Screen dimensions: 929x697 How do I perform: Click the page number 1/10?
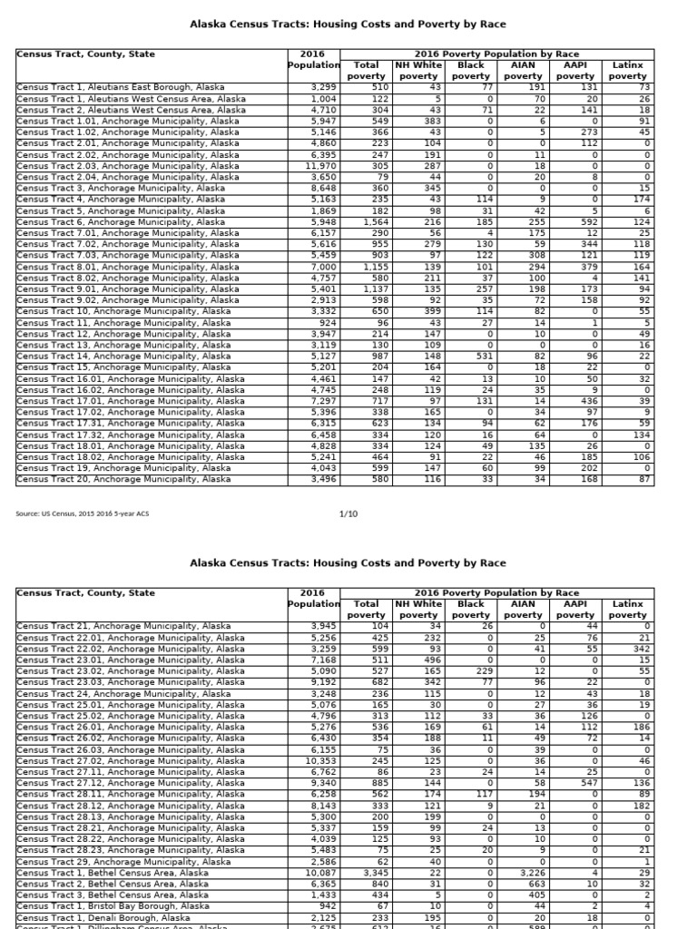tap(348, 513)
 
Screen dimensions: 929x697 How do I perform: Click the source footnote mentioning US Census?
tap(83, 514)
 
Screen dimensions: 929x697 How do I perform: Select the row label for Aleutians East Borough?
tap(121, 87)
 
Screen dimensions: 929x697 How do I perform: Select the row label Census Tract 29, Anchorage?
tap(123, 862)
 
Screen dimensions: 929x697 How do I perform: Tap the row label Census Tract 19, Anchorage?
tap(123, 468)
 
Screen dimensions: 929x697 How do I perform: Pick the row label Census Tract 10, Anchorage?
tap(123, 311)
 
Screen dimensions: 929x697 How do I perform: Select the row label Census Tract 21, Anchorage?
tap(123, 626)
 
